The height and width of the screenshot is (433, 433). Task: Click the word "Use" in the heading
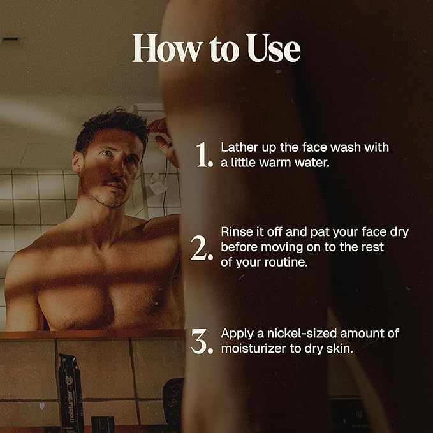pos(274,48)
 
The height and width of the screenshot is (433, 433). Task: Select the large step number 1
pos(204,155)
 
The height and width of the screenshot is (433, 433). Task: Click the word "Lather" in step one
pos(239,147)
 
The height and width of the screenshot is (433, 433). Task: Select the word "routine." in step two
pos(286,262)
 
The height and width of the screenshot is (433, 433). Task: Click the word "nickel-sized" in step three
pos(302,334)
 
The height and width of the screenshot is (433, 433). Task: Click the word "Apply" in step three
pos(237,334)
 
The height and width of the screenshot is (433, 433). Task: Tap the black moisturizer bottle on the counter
pos(71,393)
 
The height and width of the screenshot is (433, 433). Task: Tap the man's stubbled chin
pos(115,202)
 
